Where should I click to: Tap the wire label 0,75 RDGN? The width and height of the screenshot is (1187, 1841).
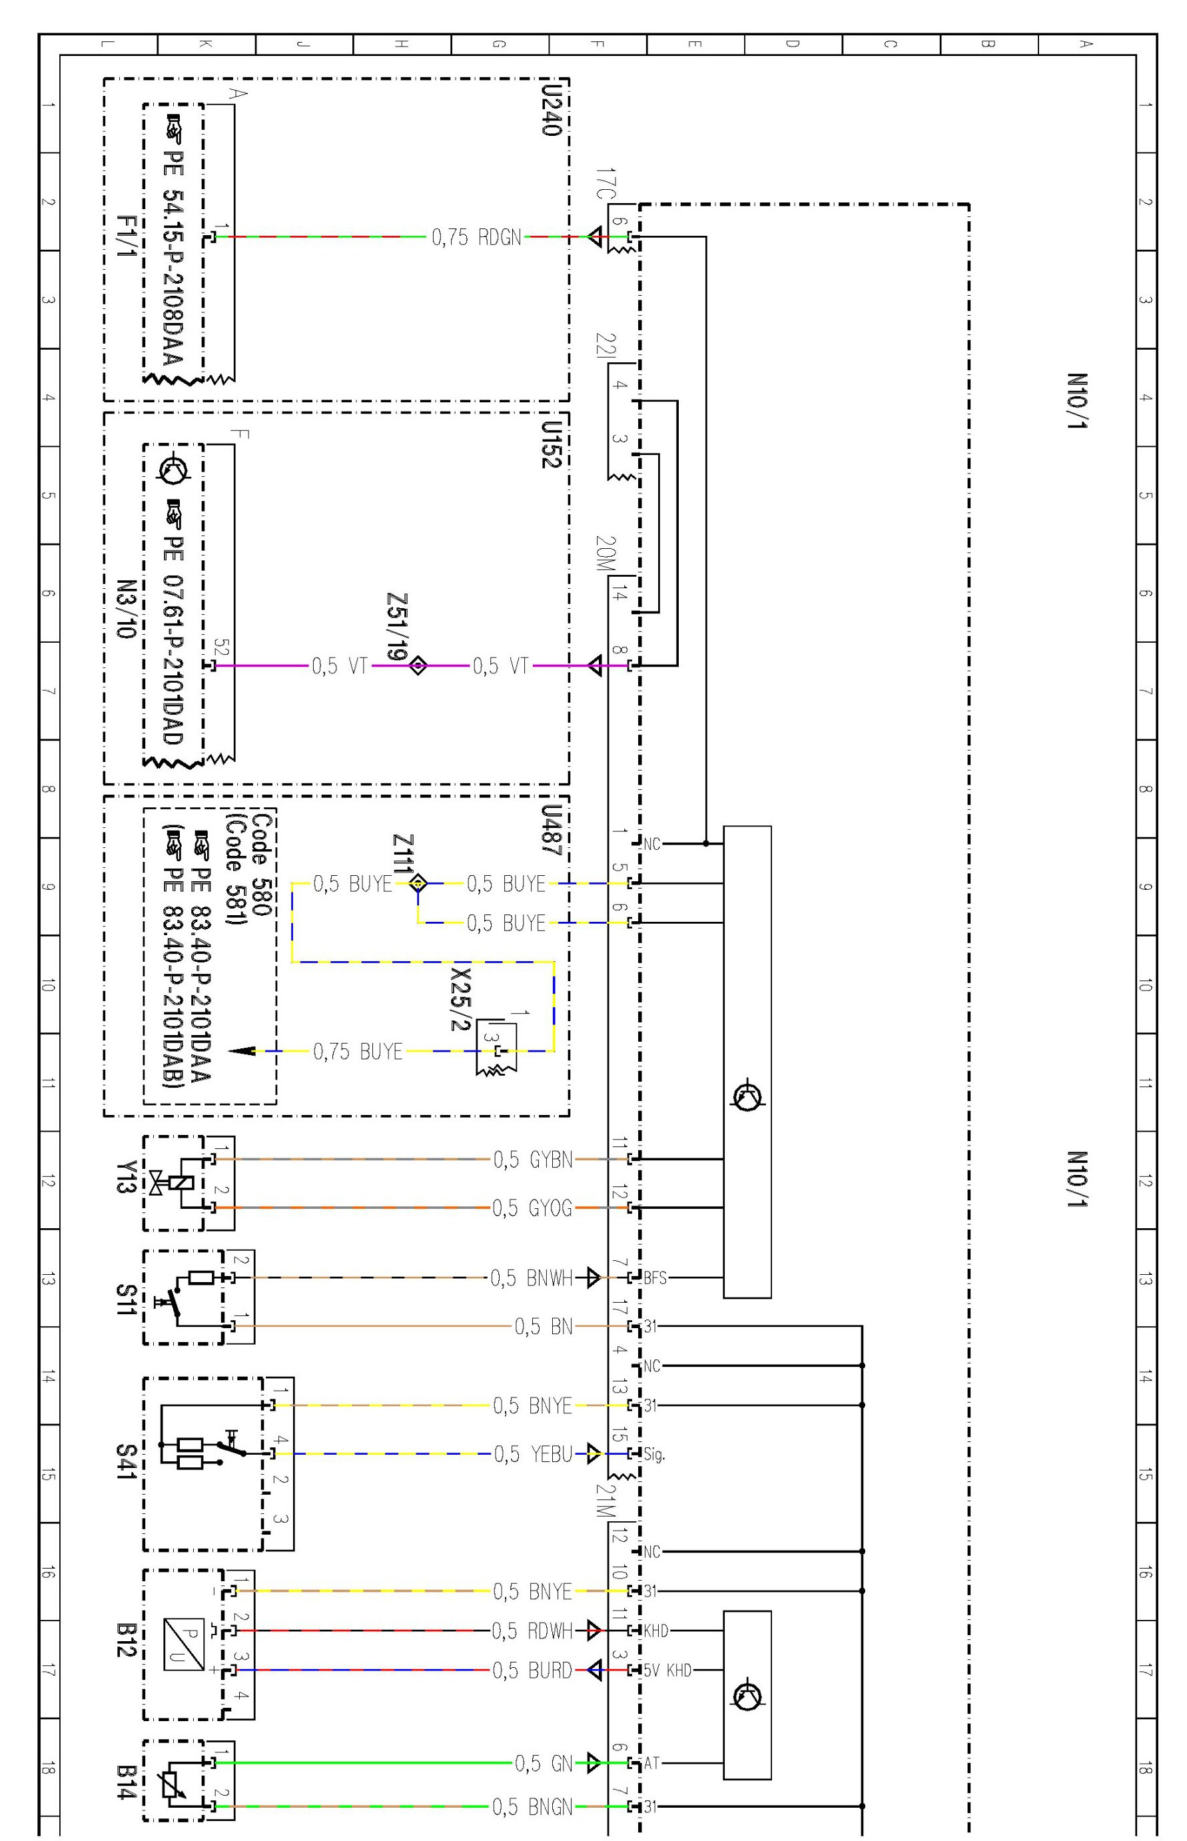click(x=476, y=237)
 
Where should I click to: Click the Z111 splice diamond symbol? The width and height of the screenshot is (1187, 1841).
click(x=418, y=883)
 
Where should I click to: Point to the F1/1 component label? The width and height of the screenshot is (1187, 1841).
click(x=126, y=236)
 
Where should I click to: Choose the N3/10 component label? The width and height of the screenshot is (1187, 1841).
click(x=126, y=609)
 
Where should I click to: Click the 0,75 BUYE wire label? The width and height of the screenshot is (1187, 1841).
click(x=358, y=1051)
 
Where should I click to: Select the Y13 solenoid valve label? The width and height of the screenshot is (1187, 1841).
click(x=126, y=1177)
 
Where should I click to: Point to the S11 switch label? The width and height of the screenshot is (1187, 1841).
click(x=126, y=1300)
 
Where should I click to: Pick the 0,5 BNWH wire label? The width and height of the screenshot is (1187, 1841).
click(x=532, y=1278)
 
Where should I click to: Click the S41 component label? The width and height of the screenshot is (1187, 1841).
click(x=126, y=1462)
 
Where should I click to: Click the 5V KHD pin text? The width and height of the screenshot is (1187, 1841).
click(x=667, y=1670)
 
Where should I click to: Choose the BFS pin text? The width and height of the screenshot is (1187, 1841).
click(x=655, y=1278)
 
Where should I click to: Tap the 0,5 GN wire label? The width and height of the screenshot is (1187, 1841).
click(x=544, y=1762)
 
